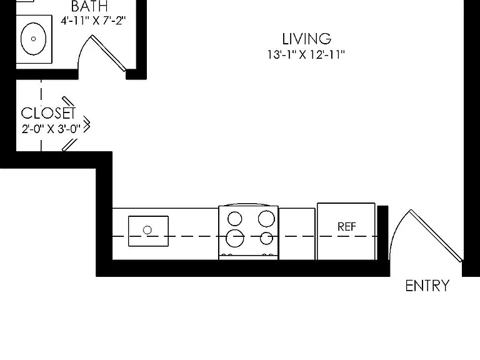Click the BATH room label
pyautogui.click(x=89, y=6)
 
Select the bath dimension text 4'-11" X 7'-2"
pyautogui.click(x=93, y=21)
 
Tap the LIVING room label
pyautogui.click(x=306, y=39)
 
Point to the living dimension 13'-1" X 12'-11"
pyautogui.click(x=306, y=55)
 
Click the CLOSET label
pyautogui.click(x=48, y=113)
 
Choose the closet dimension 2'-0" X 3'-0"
pyautogui.click(x=51, y=129)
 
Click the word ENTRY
pyautogui.click(x=427, y=286)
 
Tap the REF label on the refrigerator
pyautogui.click(x=346, y=227)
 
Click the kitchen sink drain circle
pyautogui.click(x=147, y=230)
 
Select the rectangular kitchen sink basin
pyautogui.click(x=149, y=231)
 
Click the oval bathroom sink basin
pyautogui.click(x=33, y=39)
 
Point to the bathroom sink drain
pyautogui.click(x=33, y=39)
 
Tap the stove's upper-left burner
pyautogui.click(x=235, y=219)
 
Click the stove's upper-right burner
pyautogui.click(x=266, y=219)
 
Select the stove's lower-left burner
pyautogui.click(x=235, y=238)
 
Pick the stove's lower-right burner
pyautogui.click(x=266, y=239)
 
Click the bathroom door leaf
pyautogui.click(x=108, y=53)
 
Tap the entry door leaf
pyautogui.click(x=436, y=236)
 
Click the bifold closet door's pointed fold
pyautogui.click(x=89, y=125)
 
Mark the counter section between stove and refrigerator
pyautogui.click(x=297, y=234)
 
